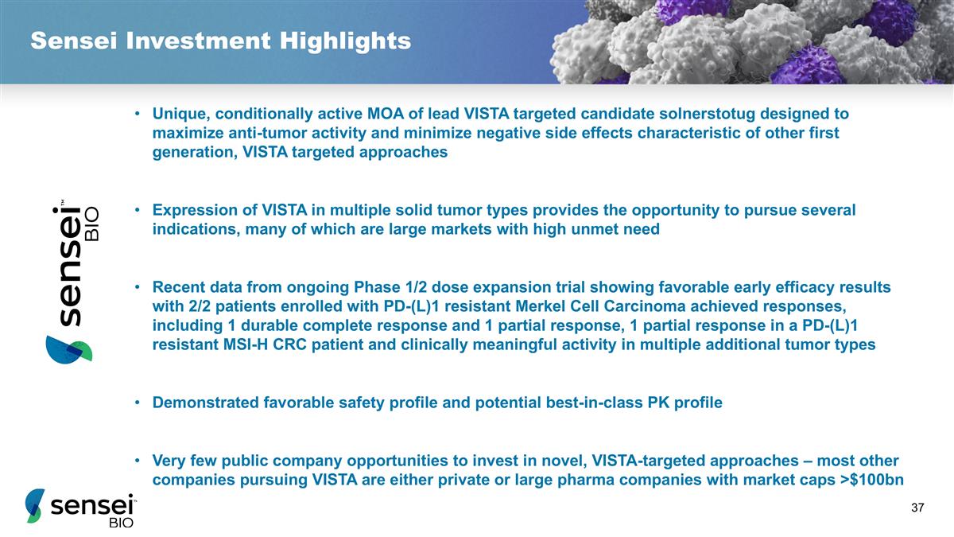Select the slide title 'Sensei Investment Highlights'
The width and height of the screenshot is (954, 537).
(220, 41)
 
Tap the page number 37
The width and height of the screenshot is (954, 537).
(919, 508)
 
